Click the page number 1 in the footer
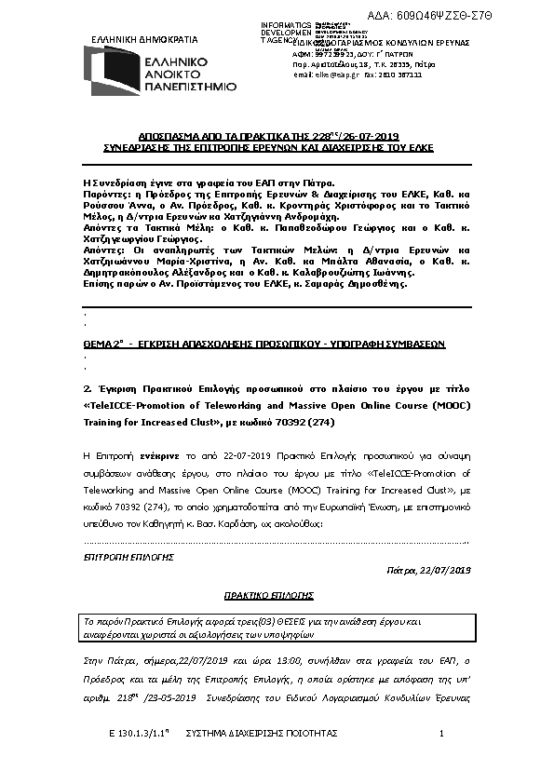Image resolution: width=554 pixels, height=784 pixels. pyautogui.click(x=441, y=736)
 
